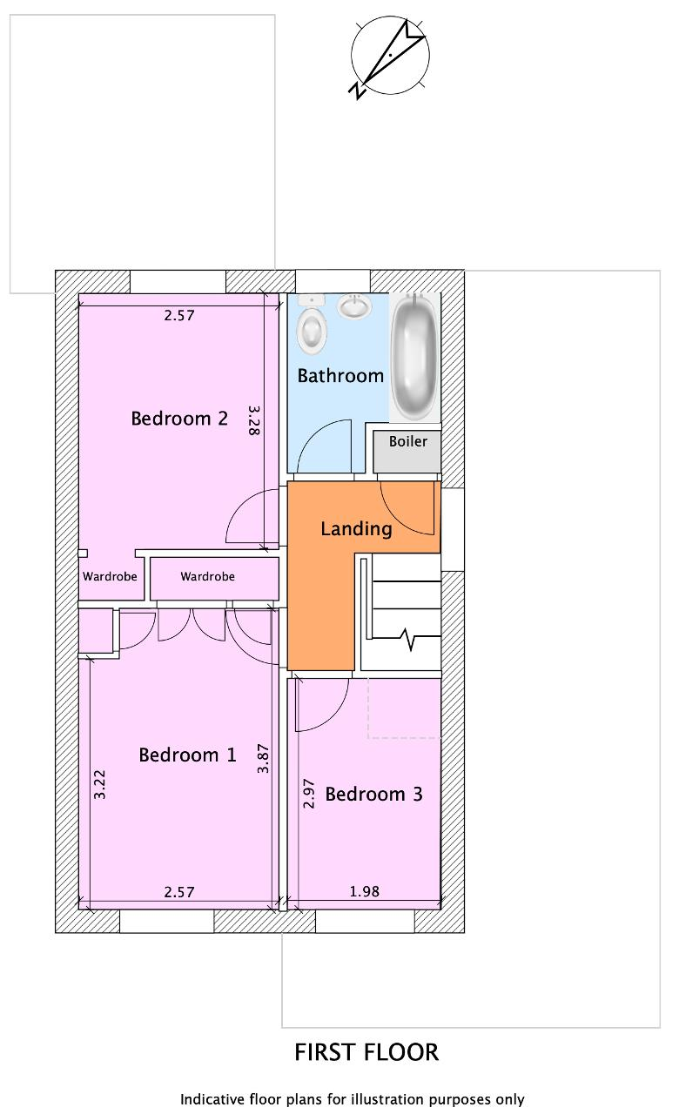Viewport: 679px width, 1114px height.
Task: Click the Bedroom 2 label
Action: click(179, 419)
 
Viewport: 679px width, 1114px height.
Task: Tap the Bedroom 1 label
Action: click(187, 755)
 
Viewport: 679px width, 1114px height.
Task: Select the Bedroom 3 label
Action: click(373, 794)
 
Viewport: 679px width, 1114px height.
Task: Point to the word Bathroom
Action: click(340, 375)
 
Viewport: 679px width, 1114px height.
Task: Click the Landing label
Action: click(356, 528)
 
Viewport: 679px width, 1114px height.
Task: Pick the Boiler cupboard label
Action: click(408, 441)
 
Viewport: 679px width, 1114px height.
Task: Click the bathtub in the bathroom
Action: click(414, 356)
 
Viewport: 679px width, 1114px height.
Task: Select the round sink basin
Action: click(354, 306)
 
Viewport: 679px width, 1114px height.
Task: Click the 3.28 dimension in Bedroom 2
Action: click(253, 420)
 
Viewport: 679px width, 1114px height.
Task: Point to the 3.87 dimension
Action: click(263, 759)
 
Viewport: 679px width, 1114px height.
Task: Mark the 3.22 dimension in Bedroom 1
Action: click(99, 784)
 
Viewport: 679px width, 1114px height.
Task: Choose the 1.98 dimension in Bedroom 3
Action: click(364, 892)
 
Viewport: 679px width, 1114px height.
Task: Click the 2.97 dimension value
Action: click(308, 794)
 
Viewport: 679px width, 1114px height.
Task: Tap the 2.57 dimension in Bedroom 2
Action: click(179, 315)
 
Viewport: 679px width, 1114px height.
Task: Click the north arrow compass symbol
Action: click(388, 57)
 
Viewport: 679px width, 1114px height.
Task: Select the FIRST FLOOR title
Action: click(366, 1052)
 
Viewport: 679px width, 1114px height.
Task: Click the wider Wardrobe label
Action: click(207, 576)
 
